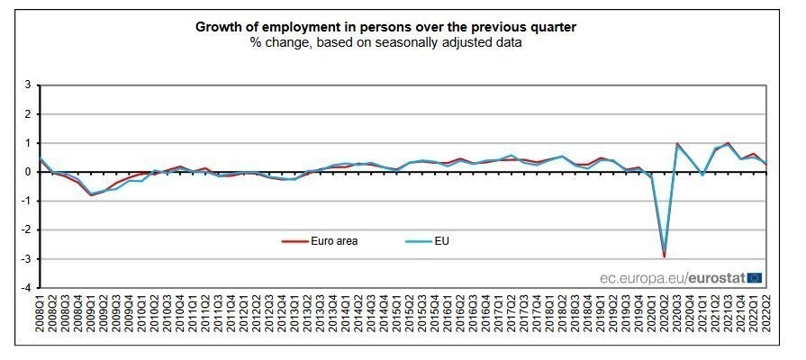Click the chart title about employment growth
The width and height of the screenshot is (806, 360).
(x=386, y=26)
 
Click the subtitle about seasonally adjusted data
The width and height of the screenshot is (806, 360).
(x=386, y=41)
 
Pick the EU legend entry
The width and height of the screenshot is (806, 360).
(x=440, y=241)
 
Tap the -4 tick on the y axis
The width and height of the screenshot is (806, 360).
(x=27, y=288)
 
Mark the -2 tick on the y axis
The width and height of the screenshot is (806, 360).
(x=27, y=230)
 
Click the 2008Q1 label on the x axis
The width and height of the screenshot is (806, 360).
(x=40, y=319)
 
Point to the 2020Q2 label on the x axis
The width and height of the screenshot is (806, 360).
(x=664, y=319)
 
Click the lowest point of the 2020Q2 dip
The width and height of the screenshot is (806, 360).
(x=664, y=256)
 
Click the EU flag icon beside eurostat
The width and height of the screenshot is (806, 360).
(x=755, y=278)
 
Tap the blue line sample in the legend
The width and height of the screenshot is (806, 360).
(x=415, y=241)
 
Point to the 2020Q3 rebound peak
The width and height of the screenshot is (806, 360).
(x=676, y=143)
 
